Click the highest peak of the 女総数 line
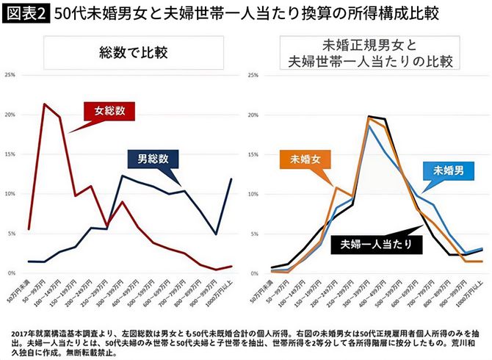[x=46, y=104]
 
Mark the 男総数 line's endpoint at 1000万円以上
[x=232, y=179]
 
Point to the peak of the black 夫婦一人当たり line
[x=369, y=116]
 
